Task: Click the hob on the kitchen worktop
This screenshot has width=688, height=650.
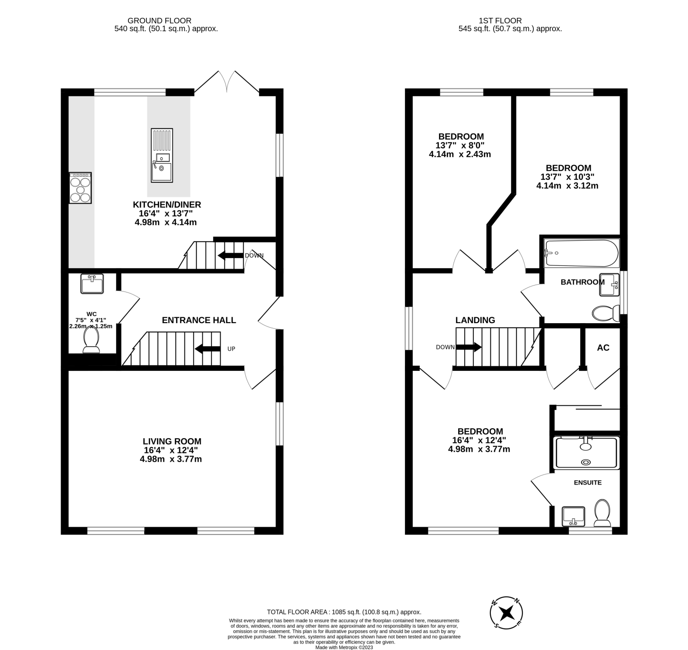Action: [x=80, y=187]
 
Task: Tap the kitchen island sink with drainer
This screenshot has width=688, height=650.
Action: [x=161, y=155]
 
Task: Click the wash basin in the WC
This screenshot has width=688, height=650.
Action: [x=92, y=283]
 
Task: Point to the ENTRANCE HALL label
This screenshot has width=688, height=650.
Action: [x=199, y=320]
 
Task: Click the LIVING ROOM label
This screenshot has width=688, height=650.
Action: [x=172, y=441]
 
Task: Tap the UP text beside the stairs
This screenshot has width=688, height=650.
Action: [x=231, y=349]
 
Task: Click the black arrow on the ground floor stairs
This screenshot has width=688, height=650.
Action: [x=207, y=349]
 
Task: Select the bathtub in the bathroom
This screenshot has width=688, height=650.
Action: [x=582, y=253]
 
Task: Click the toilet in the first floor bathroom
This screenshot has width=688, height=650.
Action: [x=605, y=313]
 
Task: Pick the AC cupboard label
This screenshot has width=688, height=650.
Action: [x=603, y=347]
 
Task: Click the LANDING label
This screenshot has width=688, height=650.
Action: [x=475, y=320]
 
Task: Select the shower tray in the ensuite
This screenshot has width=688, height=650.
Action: [x=587, y=452]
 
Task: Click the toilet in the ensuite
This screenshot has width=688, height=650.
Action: [x=602, y=513]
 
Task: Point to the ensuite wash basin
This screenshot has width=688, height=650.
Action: [x=573, y=516]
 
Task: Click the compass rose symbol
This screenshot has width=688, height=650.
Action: [x=506, y=612]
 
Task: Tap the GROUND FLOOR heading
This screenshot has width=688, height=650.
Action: [x=159, y=21]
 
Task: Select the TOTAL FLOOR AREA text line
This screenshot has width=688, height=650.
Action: [x=344, y=612]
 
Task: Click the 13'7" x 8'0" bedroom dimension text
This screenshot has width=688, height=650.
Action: [x=460, y=145]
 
